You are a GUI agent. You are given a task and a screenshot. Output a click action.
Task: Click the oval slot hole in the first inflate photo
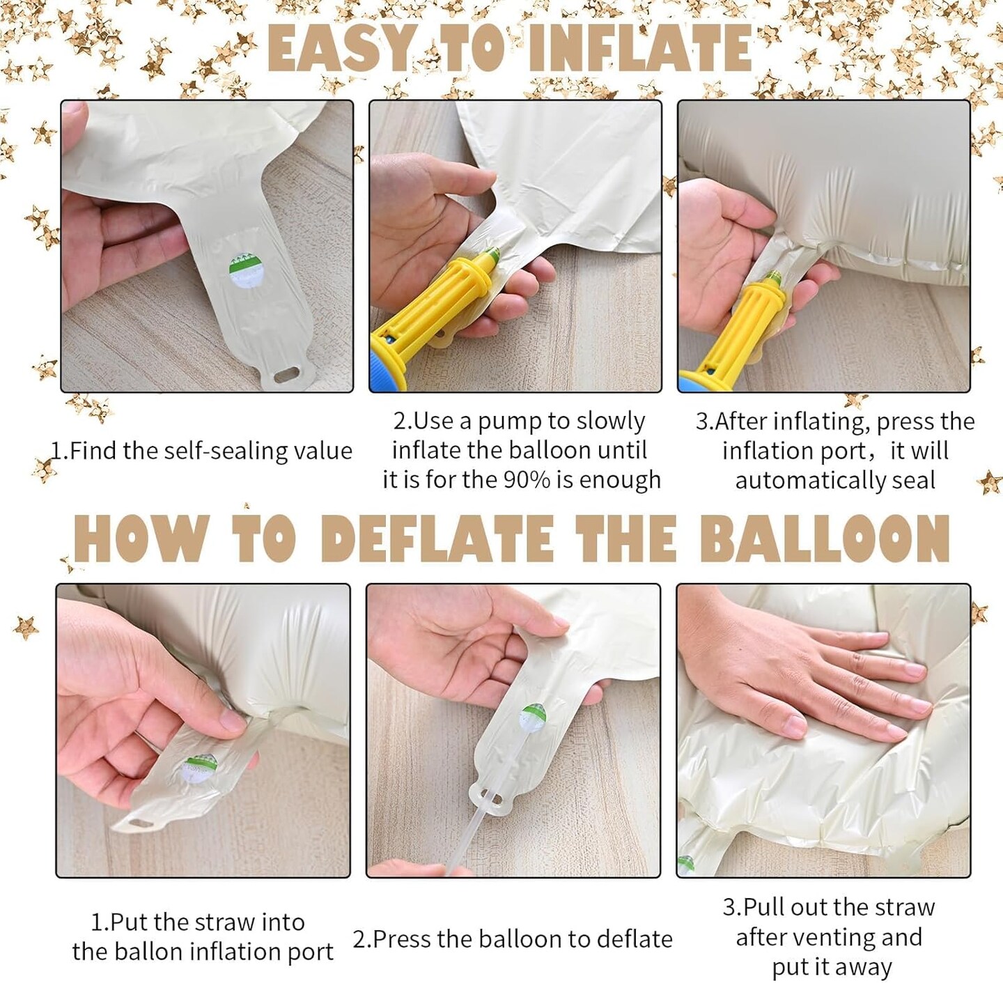[287, 375]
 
